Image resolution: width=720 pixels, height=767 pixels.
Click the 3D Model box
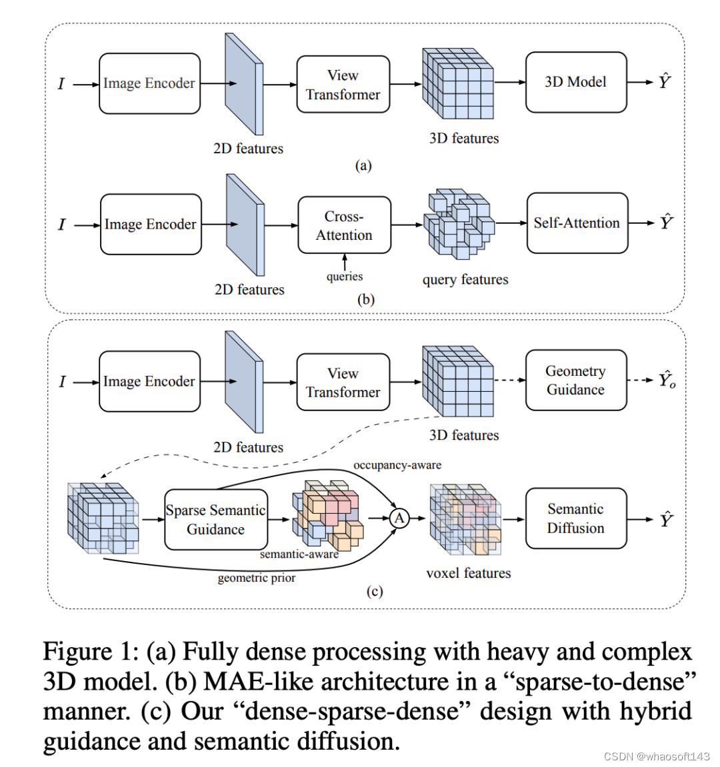(x=576, y=83)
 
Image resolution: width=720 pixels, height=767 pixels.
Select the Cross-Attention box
(x=344, y=225)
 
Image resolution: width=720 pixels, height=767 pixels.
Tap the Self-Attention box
(x=577, y=223)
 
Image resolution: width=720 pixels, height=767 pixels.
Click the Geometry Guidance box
(x=576, y=380)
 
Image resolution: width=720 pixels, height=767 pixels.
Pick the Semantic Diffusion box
(x=576, y=518)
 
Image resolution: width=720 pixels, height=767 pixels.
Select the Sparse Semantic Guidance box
(x=215, y=520)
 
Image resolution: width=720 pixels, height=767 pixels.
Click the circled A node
(x=399, y=518)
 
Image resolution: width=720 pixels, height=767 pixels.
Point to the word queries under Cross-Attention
(x=345, y=277)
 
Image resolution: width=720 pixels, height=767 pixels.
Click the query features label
(x=465, y=280)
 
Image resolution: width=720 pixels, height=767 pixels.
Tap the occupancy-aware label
(x=397, y=465)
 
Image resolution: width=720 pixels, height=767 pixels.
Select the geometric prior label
(x=257, y=578)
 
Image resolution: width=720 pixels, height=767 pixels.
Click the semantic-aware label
(x=299, y=554)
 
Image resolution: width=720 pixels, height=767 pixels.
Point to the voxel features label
(x=469, y=573)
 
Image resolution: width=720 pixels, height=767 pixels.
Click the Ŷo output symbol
(x=667, y=380)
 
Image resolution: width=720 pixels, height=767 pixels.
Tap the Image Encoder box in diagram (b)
(x=151, y=225)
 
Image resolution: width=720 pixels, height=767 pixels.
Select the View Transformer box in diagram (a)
(x=343, y=85)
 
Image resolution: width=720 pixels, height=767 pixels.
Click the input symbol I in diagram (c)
(x=62, y=382)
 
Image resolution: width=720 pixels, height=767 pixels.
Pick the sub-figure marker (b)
(x=366, y=299)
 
